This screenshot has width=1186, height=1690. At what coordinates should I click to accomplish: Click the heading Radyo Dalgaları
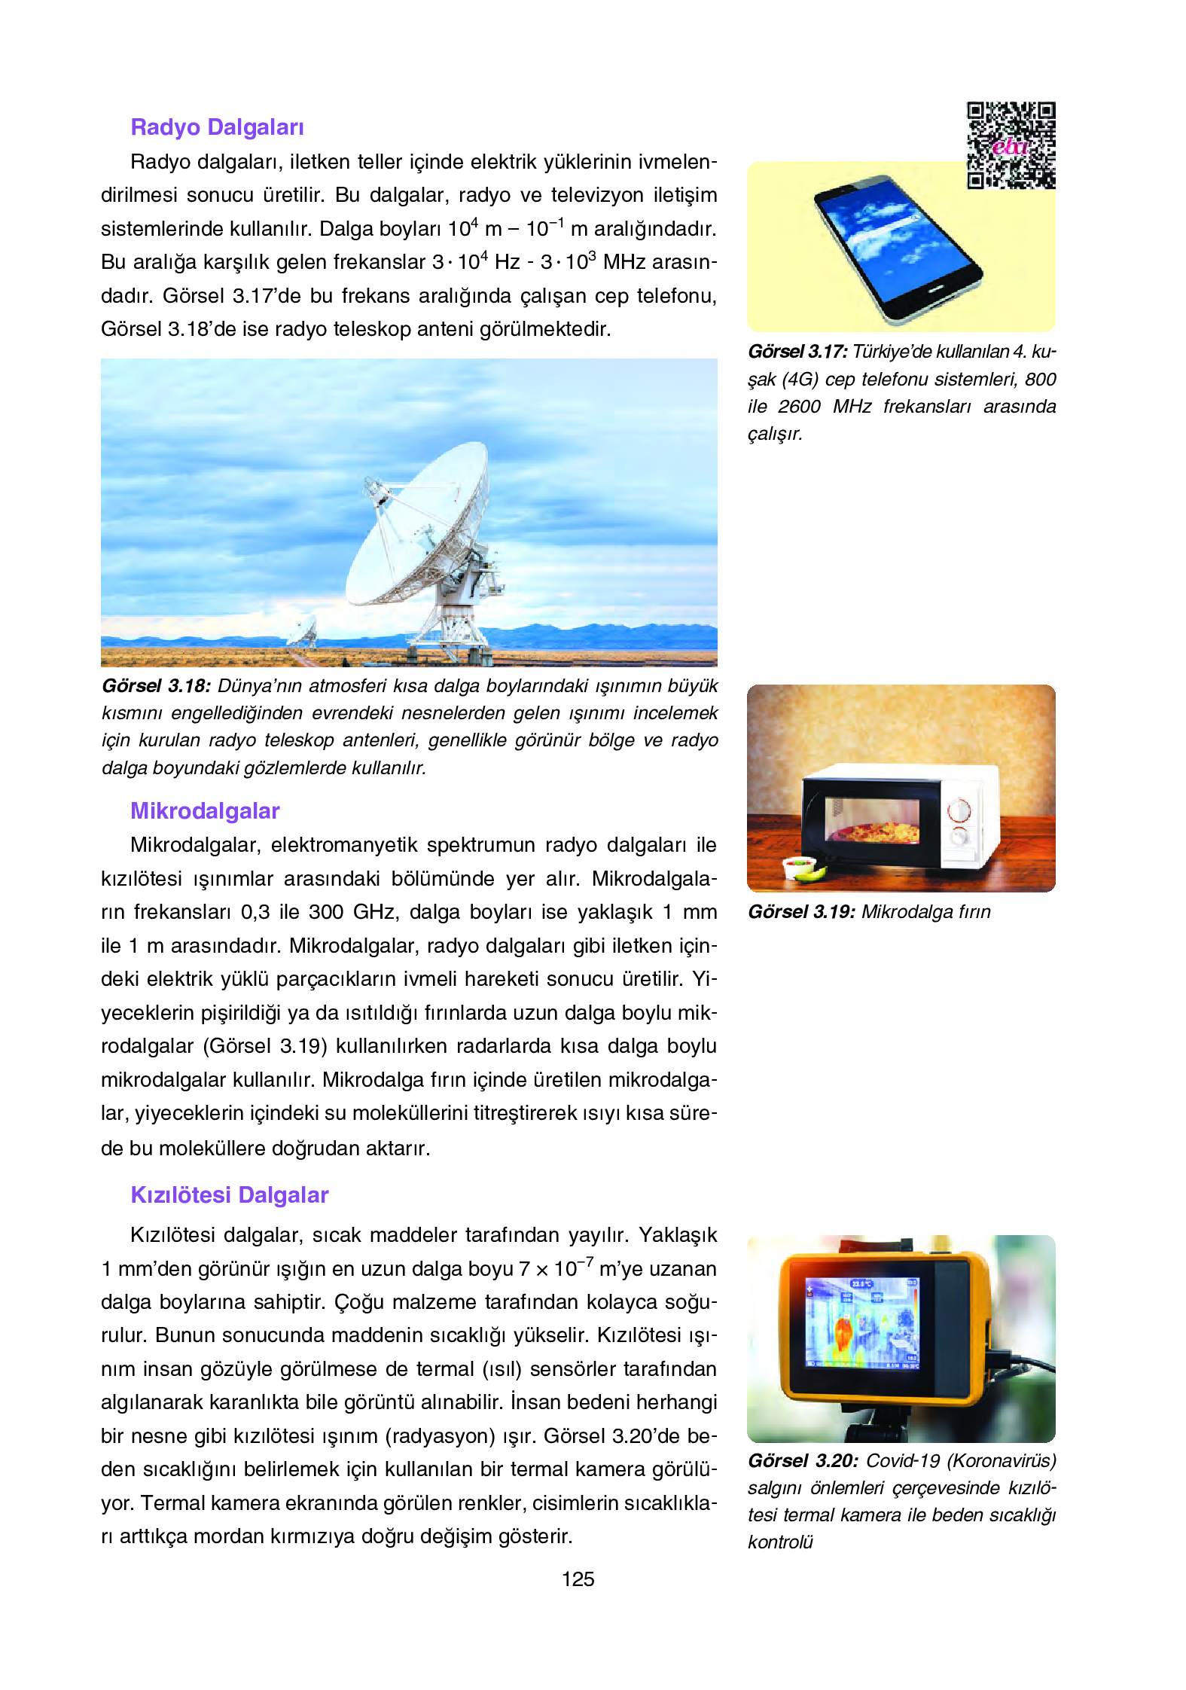point(217,127)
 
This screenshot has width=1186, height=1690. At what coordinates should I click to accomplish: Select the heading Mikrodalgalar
point(205,811)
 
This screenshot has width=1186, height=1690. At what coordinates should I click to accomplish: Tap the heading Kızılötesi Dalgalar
point(230,1195)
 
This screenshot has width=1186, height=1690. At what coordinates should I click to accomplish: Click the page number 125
point(578,1579)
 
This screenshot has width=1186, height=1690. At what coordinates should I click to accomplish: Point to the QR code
point(1011,145)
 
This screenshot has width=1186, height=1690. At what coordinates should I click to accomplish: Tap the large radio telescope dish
point(418,523)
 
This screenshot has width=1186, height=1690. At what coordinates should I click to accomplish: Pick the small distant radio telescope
point(303,630)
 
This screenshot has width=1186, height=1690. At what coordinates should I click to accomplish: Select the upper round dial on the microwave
point(959,810)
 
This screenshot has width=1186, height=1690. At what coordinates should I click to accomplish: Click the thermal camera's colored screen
point(861,1322)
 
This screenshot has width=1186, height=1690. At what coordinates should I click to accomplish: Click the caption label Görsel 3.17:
point(797,352)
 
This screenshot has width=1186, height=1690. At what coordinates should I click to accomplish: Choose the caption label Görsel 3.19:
point(801,912)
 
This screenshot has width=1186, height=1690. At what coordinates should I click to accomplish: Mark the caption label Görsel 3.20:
point(803,1461)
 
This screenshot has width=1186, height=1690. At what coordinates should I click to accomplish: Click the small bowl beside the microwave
point(798,867)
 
